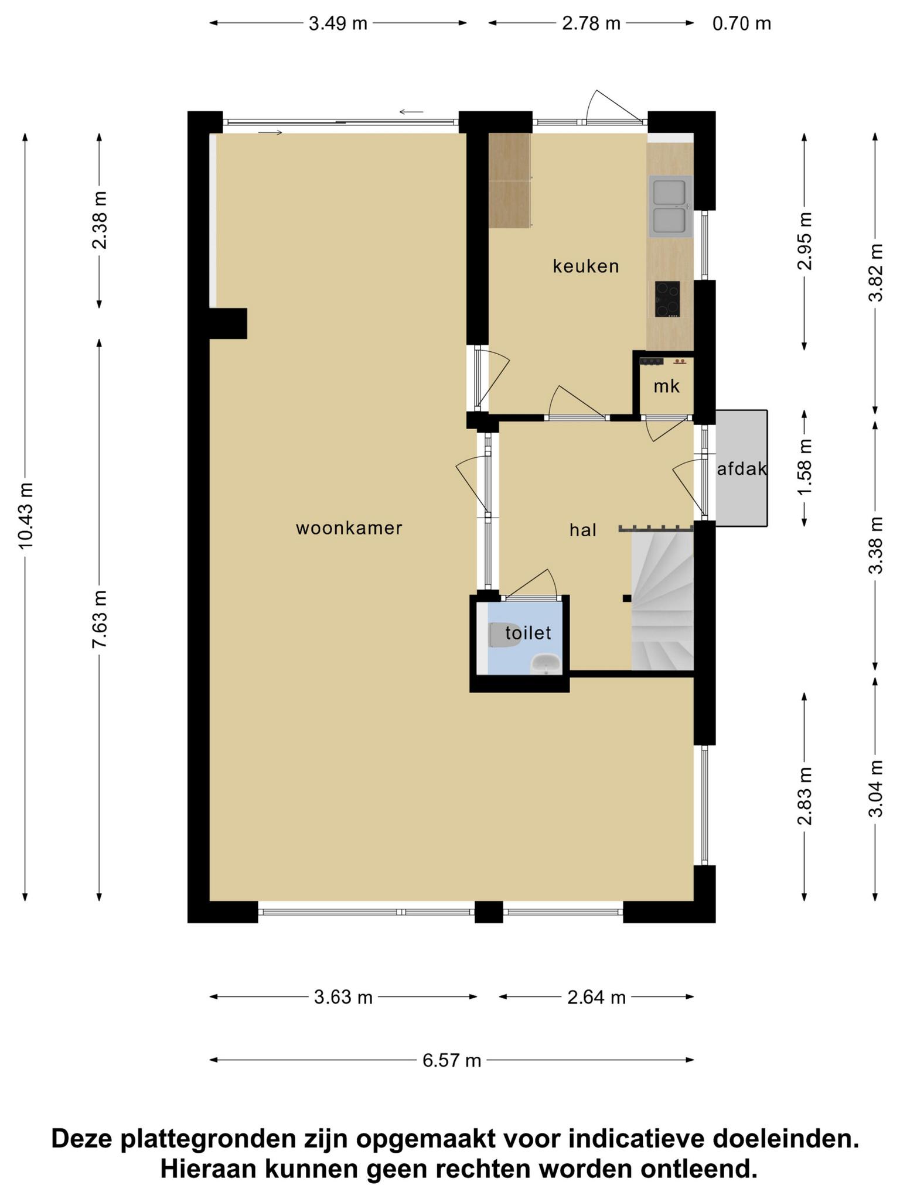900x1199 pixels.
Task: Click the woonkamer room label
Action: pos(349,528)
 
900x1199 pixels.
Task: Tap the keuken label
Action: pos(586,266)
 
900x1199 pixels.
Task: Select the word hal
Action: pos(583,530)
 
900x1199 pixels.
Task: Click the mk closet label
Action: pos(667,386)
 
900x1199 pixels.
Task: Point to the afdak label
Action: pos(742,468)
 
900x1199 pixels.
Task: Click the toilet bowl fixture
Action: pos(504,635)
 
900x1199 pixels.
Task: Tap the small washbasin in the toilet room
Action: pos(546,664)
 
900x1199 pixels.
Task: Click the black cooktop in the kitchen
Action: pos(667,299)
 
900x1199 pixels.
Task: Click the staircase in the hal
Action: pos(662,600)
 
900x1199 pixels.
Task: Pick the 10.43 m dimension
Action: pos(26,516)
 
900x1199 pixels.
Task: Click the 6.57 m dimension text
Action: pos(452,1060)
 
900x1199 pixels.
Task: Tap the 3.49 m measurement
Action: pos(338,23)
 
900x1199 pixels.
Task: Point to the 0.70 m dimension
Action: pos(742,23)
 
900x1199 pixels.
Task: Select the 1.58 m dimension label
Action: pos(804,467)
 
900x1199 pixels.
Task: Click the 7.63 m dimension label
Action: pos(100,619)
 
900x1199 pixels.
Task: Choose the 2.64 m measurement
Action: pos(596,997)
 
